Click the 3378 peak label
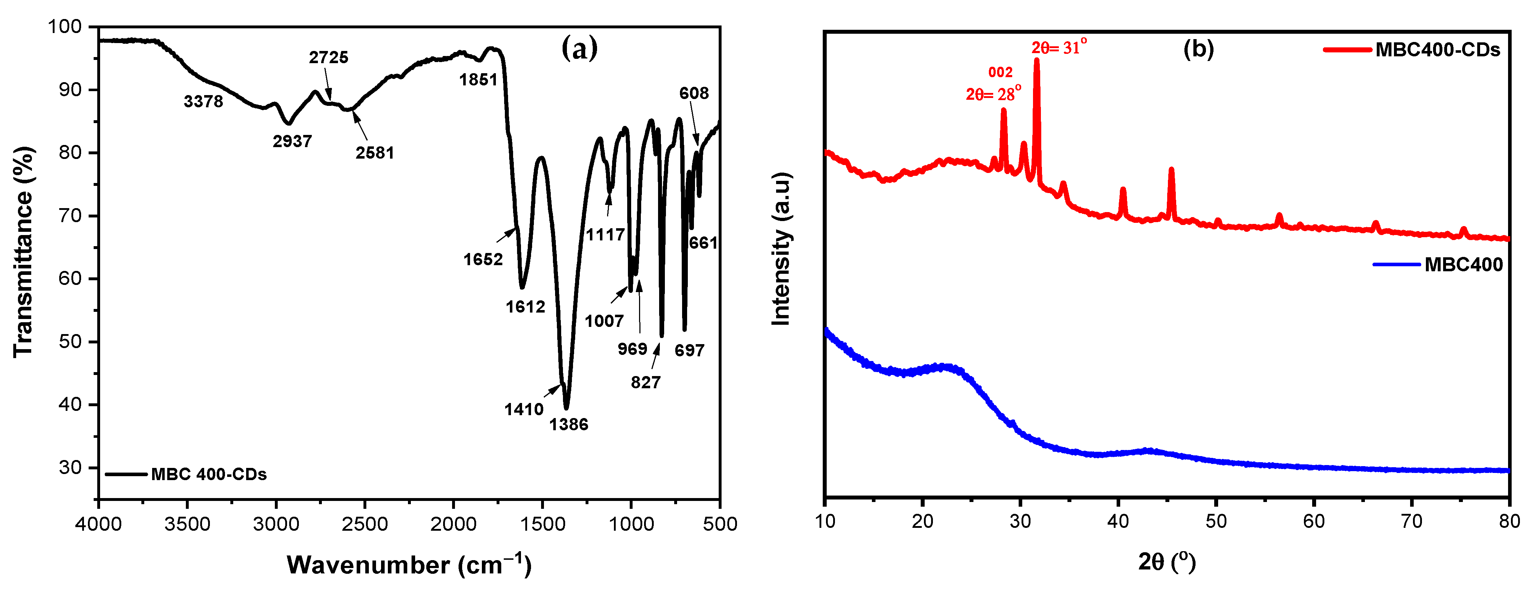click(203, 102)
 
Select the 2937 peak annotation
click(292, 142)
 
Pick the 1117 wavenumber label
click(605, 235)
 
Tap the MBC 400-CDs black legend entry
click(208, 474)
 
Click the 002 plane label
click(1000, 72)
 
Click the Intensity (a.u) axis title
click(781, 249)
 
